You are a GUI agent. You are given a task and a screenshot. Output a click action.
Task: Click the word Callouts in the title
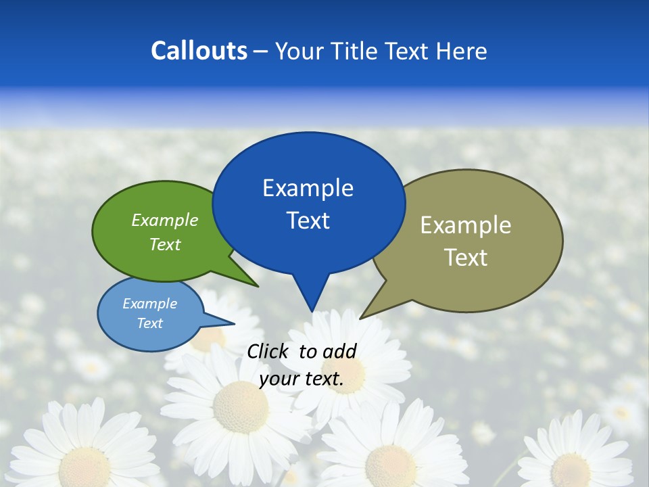(199, 51)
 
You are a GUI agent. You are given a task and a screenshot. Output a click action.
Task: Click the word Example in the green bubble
(165, 220)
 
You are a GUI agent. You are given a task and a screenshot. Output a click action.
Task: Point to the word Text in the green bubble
(165, 244)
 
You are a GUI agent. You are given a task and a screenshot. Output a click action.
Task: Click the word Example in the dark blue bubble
(308, 188)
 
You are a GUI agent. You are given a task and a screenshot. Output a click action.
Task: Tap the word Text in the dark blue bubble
(308, 221)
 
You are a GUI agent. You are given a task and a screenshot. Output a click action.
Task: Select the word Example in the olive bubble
(466, 225)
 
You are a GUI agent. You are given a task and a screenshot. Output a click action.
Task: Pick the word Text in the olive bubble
(466, 258)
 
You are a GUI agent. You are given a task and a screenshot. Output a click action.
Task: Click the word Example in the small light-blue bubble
(150, 304)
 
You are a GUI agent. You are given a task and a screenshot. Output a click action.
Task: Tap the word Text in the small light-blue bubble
(150, 323)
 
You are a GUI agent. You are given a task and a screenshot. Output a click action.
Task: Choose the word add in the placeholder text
(339, 351)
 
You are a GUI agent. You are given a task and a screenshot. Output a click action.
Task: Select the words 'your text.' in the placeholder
(302, 379)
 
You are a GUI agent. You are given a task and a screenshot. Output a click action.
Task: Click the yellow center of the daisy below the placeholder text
(241, 407)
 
